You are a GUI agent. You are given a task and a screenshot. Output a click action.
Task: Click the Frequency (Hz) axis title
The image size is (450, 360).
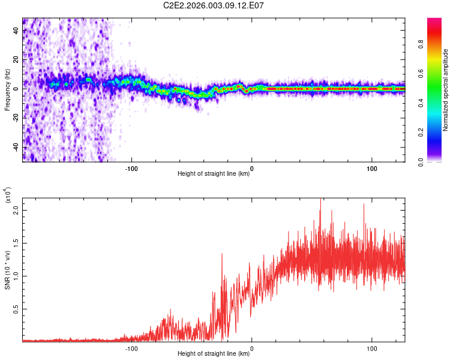[x=8, y=89]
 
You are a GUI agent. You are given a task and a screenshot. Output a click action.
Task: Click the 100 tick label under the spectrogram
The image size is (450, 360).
[x=371, y=168]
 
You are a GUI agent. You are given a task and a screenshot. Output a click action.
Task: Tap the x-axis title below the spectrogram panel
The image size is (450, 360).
[x=214, y=175]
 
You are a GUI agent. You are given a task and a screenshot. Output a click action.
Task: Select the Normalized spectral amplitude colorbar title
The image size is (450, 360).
[x=445, y=90]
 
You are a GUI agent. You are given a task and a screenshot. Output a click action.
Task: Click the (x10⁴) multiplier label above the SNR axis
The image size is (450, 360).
[x=8, y=196]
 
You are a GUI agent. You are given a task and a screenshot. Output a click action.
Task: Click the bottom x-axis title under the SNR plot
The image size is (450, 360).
[x=214, y=354]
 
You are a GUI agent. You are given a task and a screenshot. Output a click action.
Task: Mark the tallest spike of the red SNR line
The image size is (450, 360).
[x=320, y=200]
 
